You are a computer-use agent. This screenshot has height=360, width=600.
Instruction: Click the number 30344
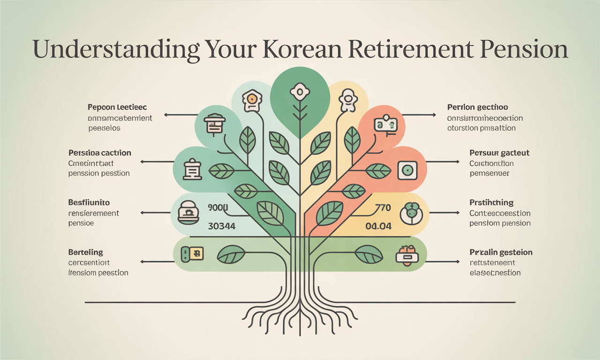coord(221,226)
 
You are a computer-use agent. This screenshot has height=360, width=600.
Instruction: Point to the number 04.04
coord(378,226)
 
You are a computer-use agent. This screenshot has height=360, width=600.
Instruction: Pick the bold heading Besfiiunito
coord(89,203)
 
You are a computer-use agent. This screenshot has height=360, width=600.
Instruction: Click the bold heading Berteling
coord(85,253)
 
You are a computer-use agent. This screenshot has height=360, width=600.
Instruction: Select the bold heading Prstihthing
coord(491,203)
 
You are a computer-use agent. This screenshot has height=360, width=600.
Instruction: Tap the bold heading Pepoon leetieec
coord(117,108)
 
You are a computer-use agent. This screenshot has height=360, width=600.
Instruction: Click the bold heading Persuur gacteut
coord(499,153)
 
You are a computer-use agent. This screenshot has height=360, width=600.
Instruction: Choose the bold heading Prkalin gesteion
coord(501,253)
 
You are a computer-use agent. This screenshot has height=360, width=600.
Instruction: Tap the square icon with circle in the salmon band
coord(407,170)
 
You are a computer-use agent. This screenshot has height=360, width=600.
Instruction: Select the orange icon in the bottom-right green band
coord(406,256)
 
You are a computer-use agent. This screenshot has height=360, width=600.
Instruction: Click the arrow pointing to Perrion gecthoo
coord(420,114)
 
